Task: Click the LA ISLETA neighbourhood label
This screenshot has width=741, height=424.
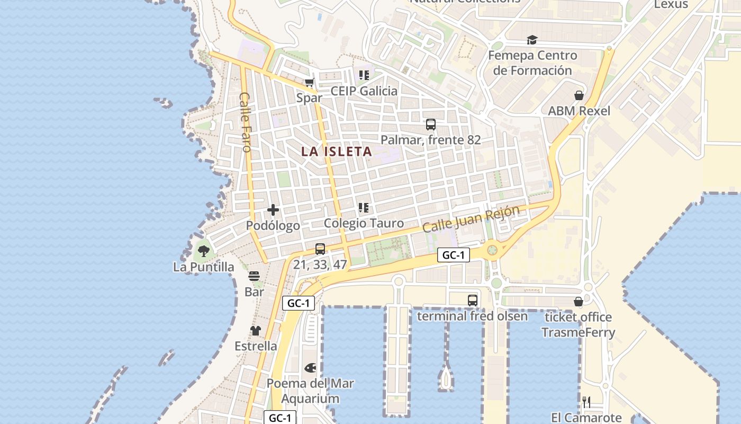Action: point(337,152)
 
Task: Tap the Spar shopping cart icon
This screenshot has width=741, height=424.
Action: point(310,83)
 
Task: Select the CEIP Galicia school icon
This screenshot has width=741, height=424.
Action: point(364,75)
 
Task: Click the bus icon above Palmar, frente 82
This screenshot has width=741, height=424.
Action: point(430,125)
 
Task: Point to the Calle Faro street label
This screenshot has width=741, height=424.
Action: point(245,122)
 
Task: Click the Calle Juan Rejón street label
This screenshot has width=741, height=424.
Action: point(471,219)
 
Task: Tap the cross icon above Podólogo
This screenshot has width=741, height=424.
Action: point(273,210)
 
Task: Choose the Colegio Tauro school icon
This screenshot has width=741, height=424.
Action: point(363,207)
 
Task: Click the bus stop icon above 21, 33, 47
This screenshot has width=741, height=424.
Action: point(320,249)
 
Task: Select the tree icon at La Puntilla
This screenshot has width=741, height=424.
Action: point(203,251)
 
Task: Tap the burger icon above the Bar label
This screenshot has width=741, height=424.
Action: point(254,276)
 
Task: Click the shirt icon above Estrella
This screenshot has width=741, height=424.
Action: point(256,331)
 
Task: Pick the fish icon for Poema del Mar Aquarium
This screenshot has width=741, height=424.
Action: point(310,367)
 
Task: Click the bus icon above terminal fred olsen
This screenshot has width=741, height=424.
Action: point(472,301)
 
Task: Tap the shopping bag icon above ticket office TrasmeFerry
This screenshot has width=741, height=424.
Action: point(578,302)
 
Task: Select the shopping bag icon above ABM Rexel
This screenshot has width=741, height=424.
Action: point(579,95)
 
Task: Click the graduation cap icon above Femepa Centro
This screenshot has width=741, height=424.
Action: point(532,40)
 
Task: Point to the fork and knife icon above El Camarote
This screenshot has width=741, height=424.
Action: point(586,402)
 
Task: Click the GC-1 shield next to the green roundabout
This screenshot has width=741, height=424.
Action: point(454,255)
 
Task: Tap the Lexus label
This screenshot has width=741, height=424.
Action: point(671,5)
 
